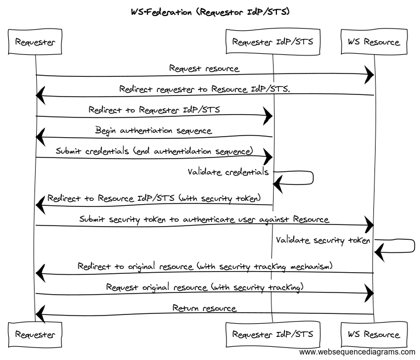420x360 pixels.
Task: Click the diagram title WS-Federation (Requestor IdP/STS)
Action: tap(210, 12)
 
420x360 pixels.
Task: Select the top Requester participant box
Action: tap(35, 42)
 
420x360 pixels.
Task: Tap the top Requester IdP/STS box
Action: tap(273, 42)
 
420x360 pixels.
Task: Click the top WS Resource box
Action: tap(374, 42)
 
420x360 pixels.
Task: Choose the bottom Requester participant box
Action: tap(35, 334)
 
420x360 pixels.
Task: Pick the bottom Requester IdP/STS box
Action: tap(273, 334)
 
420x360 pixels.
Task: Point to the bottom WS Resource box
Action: tap(374, 334)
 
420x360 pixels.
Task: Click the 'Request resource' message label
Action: tap(204, 69)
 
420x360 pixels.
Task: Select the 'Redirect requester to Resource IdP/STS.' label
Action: tap(205, 89)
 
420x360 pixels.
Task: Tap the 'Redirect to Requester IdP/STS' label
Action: tap(154, 110)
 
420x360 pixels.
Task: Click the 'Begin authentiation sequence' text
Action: tap(154, 131)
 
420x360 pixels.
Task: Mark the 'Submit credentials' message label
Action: tap(154, 151)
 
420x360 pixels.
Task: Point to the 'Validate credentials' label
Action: tap(228, 172)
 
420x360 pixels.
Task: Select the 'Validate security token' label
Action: tap(323, 240)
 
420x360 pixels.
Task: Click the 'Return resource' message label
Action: tap(204, 308)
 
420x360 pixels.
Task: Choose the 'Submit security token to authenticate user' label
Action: tap(204, 220)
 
